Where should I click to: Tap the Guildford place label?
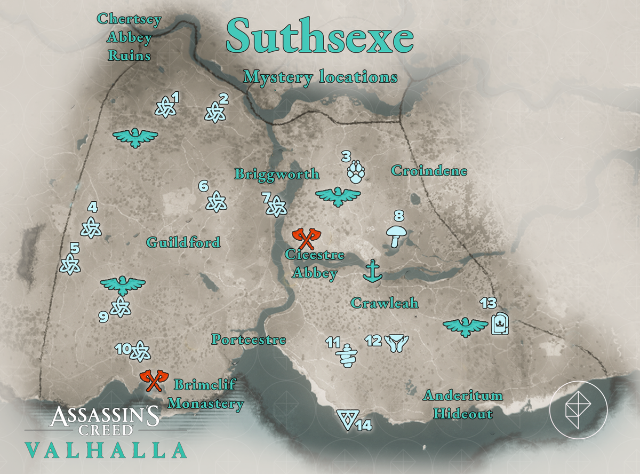[x=183, y=243]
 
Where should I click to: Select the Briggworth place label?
[x=277, y=174]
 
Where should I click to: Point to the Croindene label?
[x=429, y=171]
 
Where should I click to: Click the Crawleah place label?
[x=384, y=303]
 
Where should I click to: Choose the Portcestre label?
[x=249, y=339]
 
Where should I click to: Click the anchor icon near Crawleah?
[x=373, y=272]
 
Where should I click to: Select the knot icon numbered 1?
[x=164, y=107]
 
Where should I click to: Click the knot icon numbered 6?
[x=217, y=201]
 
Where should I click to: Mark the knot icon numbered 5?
[x=70, y=264]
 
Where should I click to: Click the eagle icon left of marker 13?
[x=465, y=326]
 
